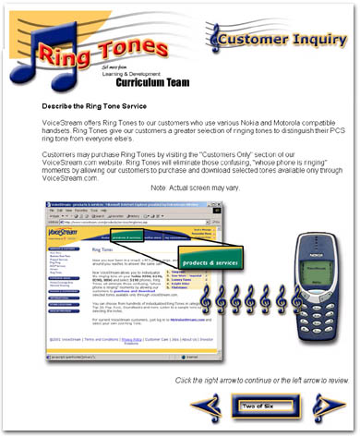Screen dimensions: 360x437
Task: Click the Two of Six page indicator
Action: pyautogui.click(x=261, y=406)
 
